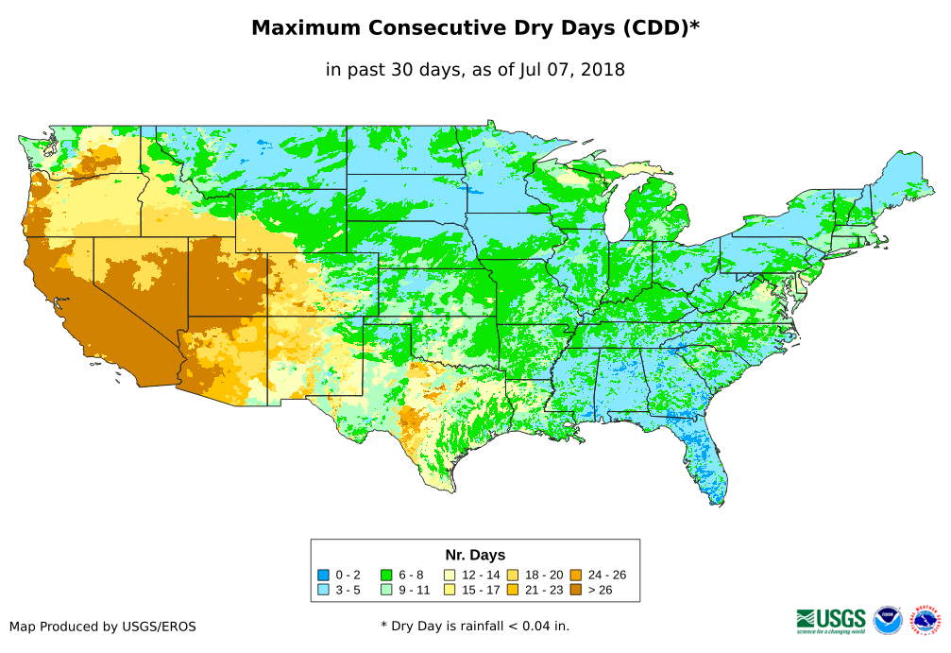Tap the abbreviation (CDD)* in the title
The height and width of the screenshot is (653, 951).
(x=660, y=28)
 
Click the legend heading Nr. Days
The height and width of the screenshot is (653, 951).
(x=475, y=555)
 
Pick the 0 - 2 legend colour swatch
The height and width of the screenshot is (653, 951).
(x=323, y=575)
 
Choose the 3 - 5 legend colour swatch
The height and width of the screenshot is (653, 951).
(x=323, y=589)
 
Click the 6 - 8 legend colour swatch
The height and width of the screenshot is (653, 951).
(x=386, y=575)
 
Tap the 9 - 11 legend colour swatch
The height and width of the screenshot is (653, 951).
(x=386, y=589)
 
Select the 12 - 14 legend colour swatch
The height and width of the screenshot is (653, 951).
(x=450, y=575)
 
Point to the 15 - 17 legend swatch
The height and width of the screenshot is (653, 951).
(x=450, y=589)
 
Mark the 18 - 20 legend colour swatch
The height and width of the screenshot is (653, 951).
(x=513, y=575)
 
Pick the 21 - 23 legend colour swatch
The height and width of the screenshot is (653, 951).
(x=513, y=589)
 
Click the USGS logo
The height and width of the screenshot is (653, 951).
(x=831, y=620)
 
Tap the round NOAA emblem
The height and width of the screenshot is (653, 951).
(x=888, y=620)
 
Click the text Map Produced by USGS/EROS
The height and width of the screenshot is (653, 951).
(x=103, y=627)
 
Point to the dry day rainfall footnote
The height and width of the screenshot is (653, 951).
(x=475, y=626)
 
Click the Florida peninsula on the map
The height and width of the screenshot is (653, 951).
(x=705, y=468)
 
